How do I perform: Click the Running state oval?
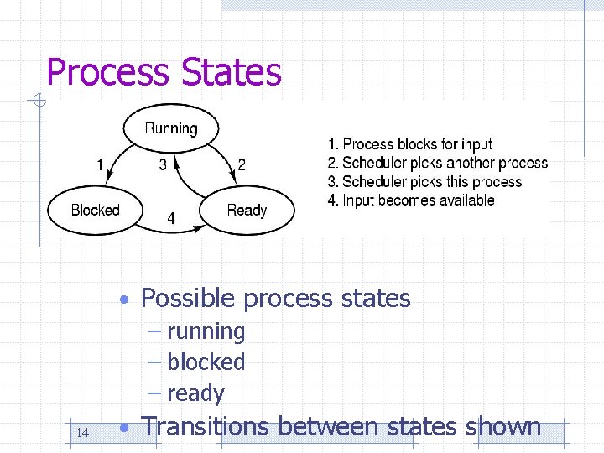[171, 129]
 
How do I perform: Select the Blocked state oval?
[95, 210]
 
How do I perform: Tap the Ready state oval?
[247, 210]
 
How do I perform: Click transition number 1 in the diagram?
[100, 165]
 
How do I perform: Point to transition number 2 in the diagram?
[242, 165]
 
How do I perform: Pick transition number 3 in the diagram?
[163, 165]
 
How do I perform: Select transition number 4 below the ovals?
[171, 218]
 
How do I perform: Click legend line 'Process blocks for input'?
[410, 144]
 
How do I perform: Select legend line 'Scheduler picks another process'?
[438, 163]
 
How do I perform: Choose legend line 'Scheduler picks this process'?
[425, 181]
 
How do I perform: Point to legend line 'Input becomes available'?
[412, 200]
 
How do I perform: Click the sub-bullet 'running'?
[206, 331]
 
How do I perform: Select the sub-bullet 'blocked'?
[206, 362]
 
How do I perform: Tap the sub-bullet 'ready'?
[195, 393]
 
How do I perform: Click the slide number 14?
[82, 433]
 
